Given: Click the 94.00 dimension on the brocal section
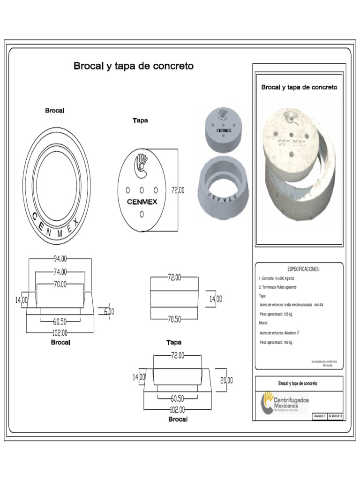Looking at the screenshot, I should click(x=60, y=259).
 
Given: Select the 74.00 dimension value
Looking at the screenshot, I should click(x=60, y=271).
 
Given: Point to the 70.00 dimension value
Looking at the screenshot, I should click(x=60, y=284).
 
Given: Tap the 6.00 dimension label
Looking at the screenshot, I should click(x=109, y=311).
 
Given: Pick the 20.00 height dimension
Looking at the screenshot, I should click(x=227, y=380).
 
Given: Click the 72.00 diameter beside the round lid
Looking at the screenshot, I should click(x=178, y=190).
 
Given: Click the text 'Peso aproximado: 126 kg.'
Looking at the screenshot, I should click(x=276, y=314).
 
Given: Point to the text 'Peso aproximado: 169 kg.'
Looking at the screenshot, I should click(x=276, y=343).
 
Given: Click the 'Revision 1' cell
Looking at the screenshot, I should click(x=319, y=416).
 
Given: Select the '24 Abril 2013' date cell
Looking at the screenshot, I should click(x=336, y=416).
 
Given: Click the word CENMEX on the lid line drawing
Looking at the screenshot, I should click(x=142, y=202).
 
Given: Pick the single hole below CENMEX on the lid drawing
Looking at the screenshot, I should click(x=142, y=214).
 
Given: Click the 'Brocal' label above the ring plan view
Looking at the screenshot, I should click(x=55, y=111).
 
